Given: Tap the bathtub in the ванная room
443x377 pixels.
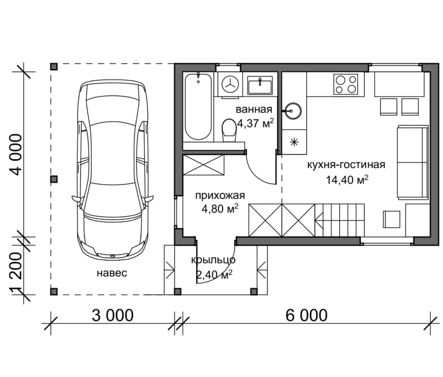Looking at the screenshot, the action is pos(198,107).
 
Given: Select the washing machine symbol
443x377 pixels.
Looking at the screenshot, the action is pos(230,84).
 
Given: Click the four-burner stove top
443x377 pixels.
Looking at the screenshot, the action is pos(346,84).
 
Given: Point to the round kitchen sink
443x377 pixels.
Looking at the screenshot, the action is pos(293,111).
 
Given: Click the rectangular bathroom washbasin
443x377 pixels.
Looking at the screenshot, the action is pos(260,85).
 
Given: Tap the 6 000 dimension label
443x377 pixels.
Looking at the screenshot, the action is pos(306,315).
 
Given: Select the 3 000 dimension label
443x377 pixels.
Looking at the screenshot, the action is pos(112,315).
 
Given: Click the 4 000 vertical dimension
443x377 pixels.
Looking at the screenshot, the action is pos(16,154).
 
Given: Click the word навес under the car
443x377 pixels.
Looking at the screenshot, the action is pos(112,273).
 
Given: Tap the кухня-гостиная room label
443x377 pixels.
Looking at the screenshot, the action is pos(346,165).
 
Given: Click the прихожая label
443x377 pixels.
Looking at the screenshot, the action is pos(220,196).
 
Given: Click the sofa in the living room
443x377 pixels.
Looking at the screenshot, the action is pos(413,162).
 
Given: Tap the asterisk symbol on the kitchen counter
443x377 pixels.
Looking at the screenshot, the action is pos(294,142).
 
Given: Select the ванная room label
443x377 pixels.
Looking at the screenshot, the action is pos(254,109).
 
